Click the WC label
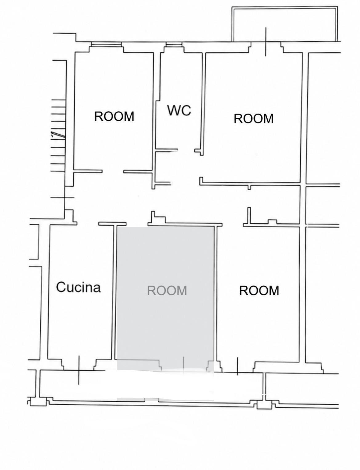[x=179, y=110]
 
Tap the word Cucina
[x=78, y=287]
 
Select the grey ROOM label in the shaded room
[x=167, y=290]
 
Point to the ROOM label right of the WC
[x=254, y=119]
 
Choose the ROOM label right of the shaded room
[x=259, y=290]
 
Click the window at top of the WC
[x=174, y=44]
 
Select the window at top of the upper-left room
[x=106, y=44]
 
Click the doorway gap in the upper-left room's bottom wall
[x=113, y=172]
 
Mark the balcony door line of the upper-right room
[x=266, y=42]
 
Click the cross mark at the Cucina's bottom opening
[x=79, y=370]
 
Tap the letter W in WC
[x=173, y=110]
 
